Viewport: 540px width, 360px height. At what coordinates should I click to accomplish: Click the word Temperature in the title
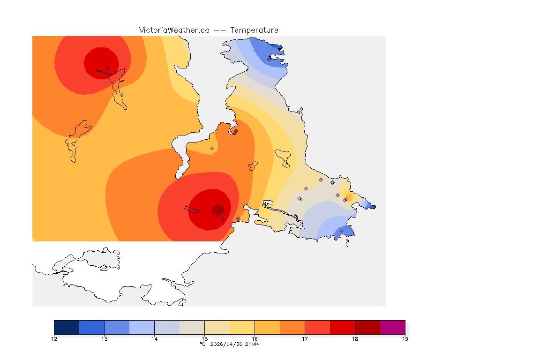click(254, 30)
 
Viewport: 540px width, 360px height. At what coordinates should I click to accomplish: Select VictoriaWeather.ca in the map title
click(174, 30)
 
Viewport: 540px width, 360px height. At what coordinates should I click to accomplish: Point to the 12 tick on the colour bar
click(54, 338)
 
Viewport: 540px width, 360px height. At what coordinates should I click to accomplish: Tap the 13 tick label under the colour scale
click(104, 338)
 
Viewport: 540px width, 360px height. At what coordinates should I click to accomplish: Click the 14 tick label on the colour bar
click(154, 338)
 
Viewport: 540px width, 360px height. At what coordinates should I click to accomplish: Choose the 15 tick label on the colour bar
click(204, 338)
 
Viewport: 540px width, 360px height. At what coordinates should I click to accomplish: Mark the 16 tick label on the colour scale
click(255, 338)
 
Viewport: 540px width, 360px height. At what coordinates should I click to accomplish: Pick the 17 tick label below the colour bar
click(305, 338)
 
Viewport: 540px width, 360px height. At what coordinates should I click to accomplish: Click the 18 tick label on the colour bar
click(355, 338)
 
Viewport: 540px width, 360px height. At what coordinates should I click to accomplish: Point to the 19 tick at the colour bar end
click(405, 338)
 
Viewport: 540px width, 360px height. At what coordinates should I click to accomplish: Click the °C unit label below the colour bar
click(202, 344)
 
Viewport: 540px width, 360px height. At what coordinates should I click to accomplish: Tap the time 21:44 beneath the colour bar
click(253, 344)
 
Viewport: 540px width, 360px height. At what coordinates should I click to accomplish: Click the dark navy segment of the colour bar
click(67, 327)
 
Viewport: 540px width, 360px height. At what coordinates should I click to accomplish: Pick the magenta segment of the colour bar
click(392, 327)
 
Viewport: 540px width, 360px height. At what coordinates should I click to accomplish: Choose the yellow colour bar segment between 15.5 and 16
click(242, 327)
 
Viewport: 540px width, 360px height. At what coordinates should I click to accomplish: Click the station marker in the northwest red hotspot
click(108, 68)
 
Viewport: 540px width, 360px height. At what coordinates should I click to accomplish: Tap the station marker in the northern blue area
click(269, 59)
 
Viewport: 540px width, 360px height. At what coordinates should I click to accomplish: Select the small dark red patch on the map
click(217, 210)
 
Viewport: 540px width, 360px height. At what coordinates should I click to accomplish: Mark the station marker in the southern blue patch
click(341, 231)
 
